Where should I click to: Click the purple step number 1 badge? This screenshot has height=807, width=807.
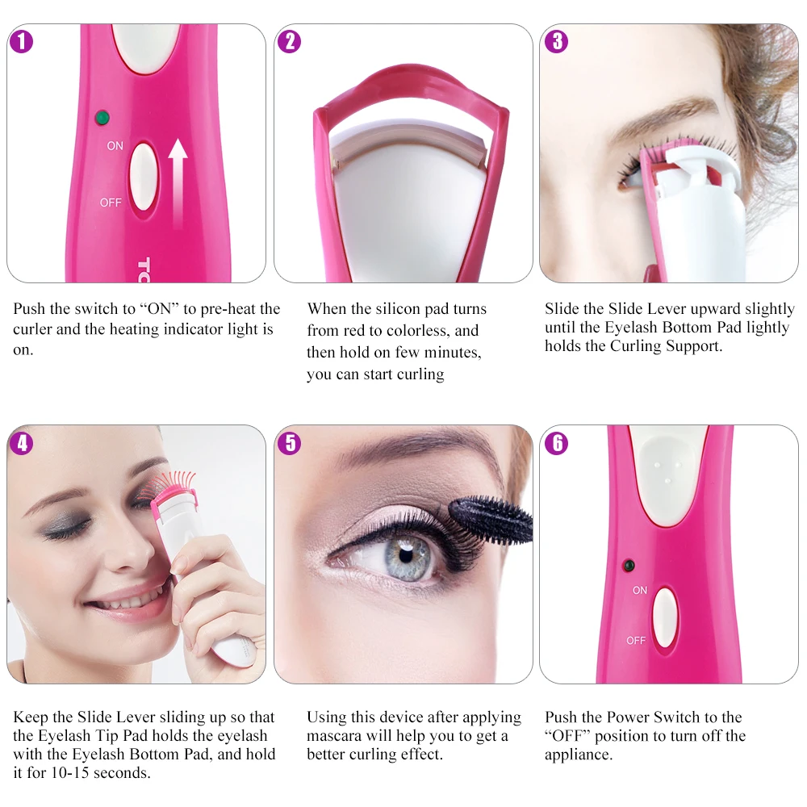[22, 42]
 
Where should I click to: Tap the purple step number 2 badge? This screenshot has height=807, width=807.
[289, 42]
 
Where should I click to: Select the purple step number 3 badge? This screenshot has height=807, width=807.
[556, 42]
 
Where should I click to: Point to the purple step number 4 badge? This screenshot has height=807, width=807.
[22, 443]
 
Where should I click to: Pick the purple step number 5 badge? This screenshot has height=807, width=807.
[290, 443]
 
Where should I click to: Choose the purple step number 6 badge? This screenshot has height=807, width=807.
[557, 443]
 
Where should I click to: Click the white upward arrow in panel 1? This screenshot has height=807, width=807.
[178, 183]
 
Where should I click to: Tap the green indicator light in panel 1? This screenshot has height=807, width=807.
[102, 118]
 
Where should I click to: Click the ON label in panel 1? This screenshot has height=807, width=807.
[115, 146]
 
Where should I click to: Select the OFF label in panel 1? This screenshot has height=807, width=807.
[111, 203]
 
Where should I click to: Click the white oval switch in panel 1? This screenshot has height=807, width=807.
[141, 178]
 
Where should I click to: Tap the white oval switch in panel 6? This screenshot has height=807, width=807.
[664, 617]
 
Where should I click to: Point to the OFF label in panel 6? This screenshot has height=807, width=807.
[636, 640]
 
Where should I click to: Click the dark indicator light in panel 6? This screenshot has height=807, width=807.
[629, 566]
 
